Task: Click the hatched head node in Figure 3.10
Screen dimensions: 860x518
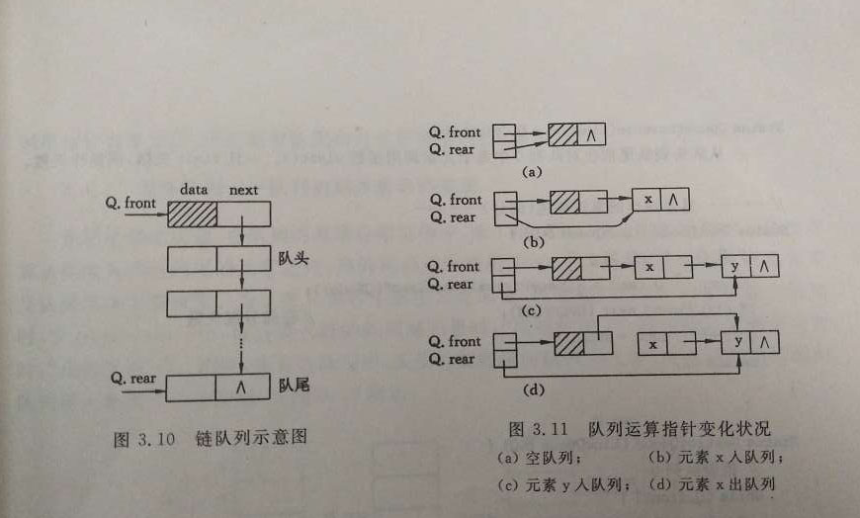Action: [x=192, y=214]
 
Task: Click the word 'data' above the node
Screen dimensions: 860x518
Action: [x=194, y=189]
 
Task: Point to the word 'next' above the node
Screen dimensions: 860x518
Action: [x=243, y=189]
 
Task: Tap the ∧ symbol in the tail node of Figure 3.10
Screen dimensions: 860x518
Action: [x=240, y=388]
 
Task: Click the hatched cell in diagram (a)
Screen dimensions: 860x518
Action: [x=563, y=134]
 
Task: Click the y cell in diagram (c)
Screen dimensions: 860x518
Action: [x=735, y=268]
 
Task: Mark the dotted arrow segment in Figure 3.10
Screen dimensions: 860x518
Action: [x=242, y=346]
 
